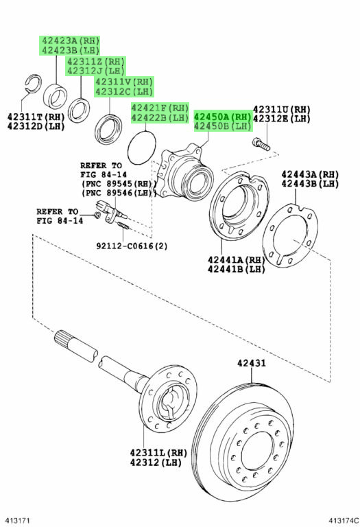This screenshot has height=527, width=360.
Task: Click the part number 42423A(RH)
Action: (70, 41)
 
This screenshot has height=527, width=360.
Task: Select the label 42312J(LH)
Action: (96, 71)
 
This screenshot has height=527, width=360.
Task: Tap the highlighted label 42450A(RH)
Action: (222, 117)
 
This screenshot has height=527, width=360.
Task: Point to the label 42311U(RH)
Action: (281, 110)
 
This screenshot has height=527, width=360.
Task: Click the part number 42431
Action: (251, 363)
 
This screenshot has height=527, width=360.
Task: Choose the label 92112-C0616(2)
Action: (132, 246)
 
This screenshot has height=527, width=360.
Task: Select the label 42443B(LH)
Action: (310, 184)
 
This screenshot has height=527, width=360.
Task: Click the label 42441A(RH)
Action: (236, 260)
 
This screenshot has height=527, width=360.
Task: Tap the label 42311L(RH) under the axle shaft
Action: (158, 453)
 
